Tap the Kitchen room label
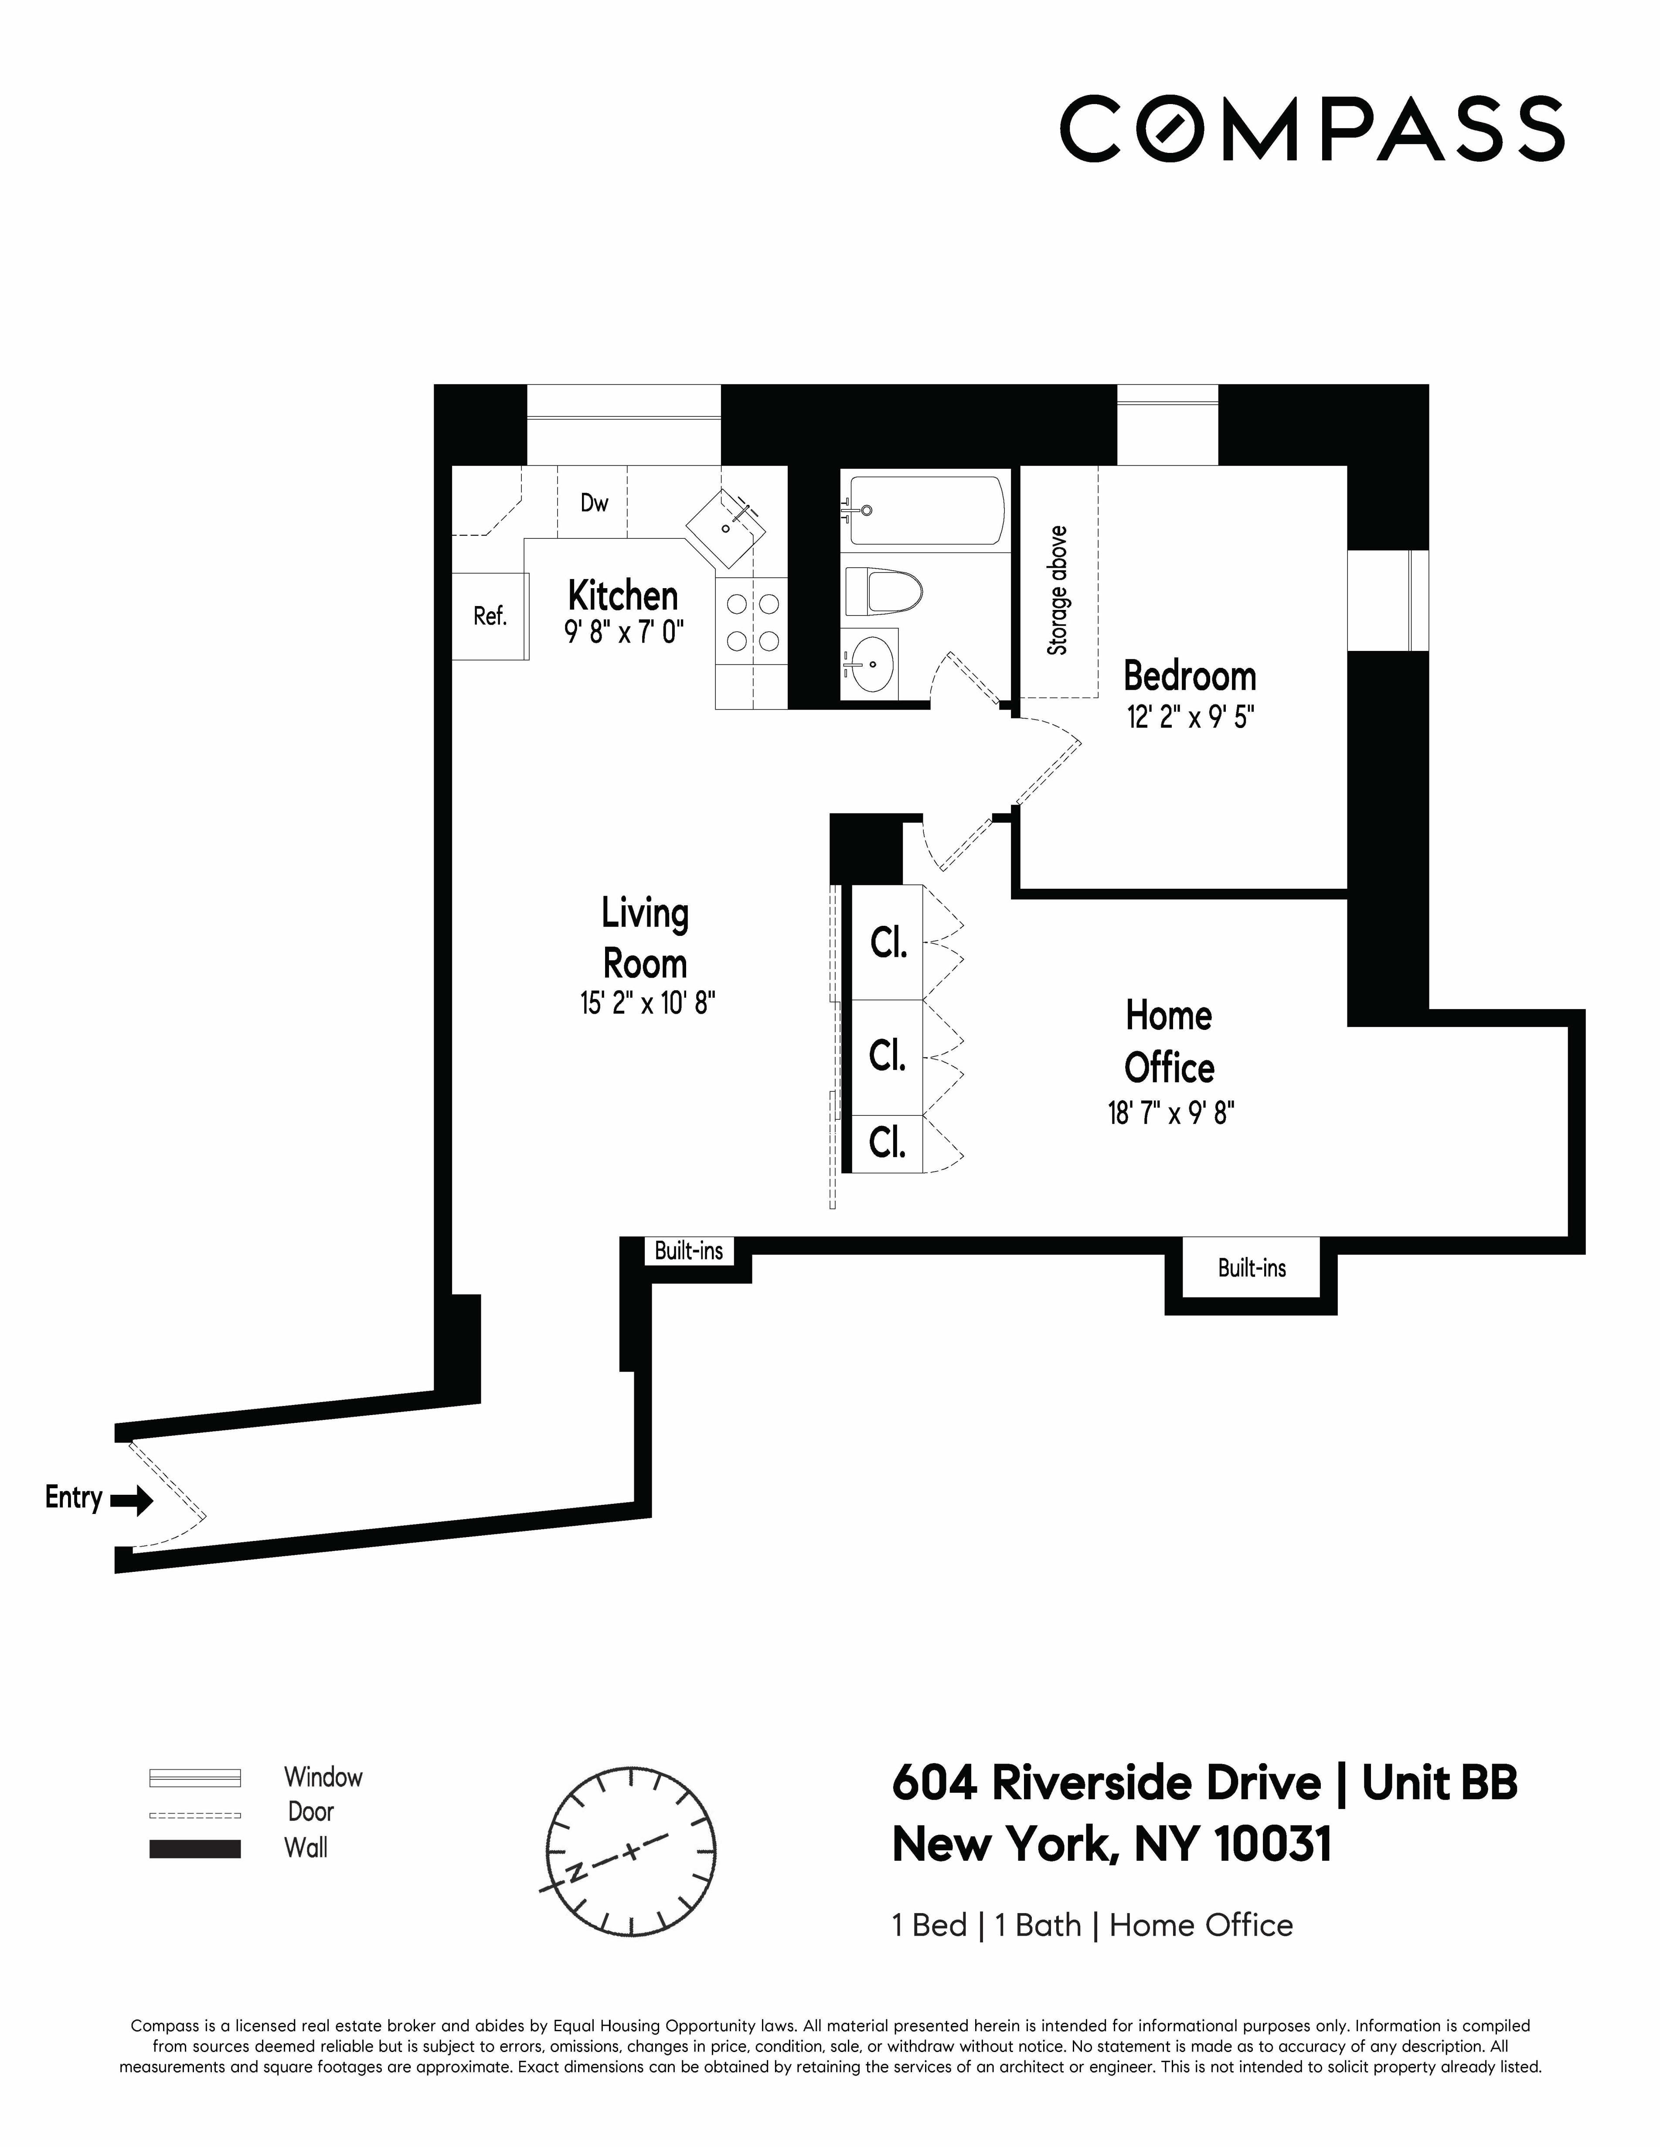click(622, 596)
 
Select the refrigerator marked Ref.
click(490, 616)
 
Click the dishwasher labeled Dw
click(593, 503)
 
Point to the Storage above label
click(1057, 590)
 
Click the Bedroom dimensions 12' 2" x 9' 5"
click(1190, 718)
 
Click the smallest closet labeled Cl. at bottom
click(887, 1143)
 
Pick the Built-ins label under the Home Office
click(1251, 1268)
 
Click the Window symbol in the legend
click(195, 1778)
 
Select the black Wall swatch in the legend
click(195, 1848)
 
